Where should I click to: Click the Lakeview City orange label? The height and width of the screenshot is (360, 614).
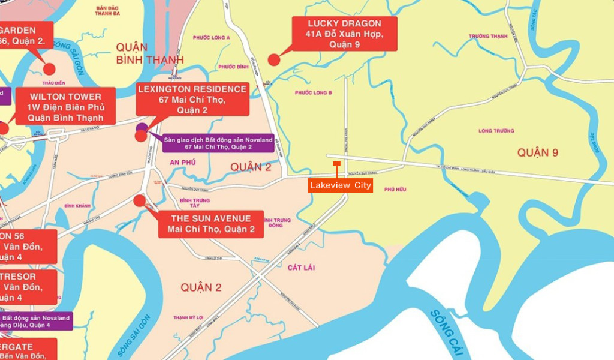340,185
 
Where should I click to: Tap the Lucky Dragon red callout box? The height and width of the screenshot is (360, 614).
345,34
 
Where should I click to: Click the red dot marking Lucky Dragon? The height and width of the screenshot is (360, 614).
273,59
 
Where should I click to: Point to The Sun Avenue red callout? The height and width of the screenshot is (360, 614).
211,224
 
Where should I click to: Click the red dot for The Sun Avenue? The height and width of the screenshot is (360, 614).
140,200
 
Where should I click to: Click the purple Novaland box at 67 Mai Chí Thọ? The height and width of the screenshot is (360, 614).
218,143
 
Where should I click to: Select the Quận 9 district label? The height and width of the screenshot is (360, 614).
538,153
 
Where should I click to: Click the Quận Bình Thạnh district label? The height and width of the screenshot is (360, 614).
150,53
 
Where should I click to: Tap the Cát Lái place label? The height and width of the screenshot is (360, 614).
301,268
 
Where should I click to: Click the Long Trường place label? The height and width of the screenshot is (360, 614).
496,130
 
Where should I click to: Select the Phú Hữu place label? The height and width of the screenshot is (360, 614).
395,189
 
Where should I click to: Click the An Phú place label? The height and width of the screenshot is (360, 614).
183,162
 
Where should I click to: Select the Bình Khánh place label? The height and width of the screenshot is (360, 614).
78,205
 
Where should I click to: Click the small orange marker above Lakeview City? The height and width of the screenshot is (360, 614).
336,163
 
